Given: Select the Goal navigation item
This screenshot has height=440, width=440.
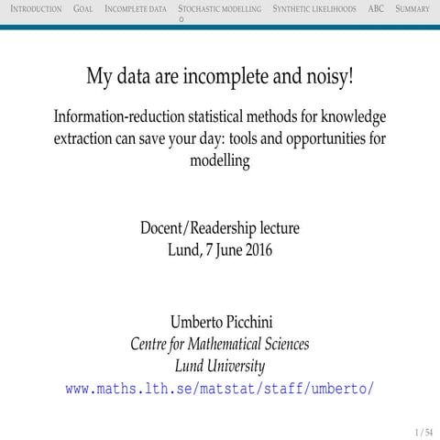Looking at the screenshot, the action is [x=82, y=8].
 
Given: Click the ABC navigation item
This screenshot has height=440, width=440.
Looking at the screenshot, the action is [x=375, y=8].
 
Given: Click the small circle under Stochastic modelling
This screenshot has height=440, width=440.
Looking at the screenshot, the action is [x=181, y=18].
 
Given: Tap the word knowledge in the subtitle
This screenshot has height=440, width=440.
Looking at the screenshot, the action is [x=352, y=119].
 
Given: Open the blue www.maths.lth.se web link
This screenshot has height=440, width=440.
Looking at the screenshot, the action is [x=220, y=388].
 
